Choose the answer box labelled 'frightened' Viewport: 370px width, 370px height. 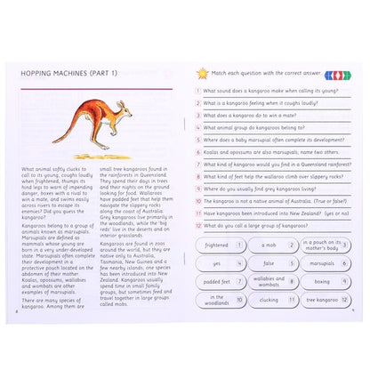click(221, 245)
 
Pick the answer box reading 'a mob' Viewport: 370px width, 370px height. click(269, 245)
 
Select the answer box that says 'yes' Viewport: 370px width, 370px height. click(221, 263)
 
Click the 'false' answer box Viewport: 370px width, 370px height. click(269, 263)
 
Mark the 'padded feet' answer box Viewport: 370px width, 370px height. click(221, 282)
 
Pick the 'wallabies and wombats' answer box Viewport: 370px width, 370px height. click(269, 282)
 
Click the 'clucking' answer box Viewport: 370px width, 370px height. click(269, 301)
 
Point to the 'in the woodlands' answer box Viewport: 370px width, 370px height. click(221, 301)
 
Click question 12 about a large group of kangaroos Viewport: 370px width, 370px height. click(267, 226)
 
